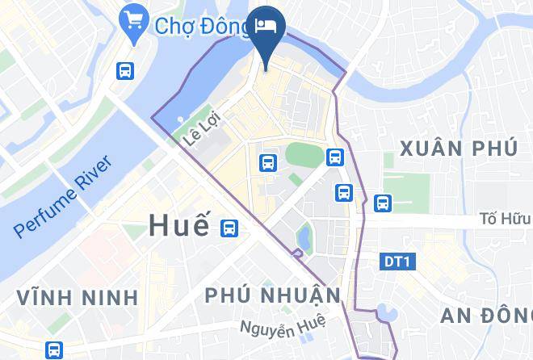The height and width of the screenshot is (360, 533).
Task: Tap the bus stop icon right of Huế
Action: click(230, 228)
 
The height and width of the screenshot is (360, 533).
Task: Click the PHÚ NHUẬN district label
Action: click(273, 295)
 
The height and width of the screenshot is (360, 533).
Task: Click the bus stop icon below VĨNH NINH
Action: click(54, 350)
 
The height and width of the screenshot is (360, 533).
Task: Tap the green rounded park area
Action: click(304, 154)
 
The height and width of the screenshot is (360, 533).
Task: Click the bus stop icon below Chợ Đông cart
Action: click(125, 70)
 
